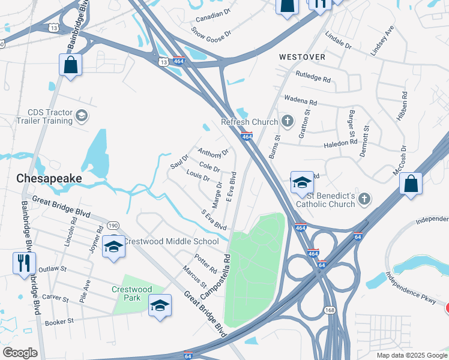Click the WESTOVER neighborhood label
tap(303, 57)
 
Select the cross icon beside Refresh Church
tap(287, 122)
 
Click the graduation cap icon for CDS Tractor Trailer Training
tap(81, 116)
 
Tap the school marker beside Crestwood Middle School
tap(113, 247)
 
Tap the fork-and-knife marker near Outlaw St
tap(24, 263)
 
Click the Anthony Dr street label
tap(214, 153)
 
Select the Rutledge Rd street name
tap(313, 76)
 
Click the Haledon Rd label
tap(340, 143)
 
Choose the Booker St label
tap(59, 322)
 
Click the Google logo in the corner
tap(20, 353)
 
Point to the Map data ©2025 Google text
tap(411, 355)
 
